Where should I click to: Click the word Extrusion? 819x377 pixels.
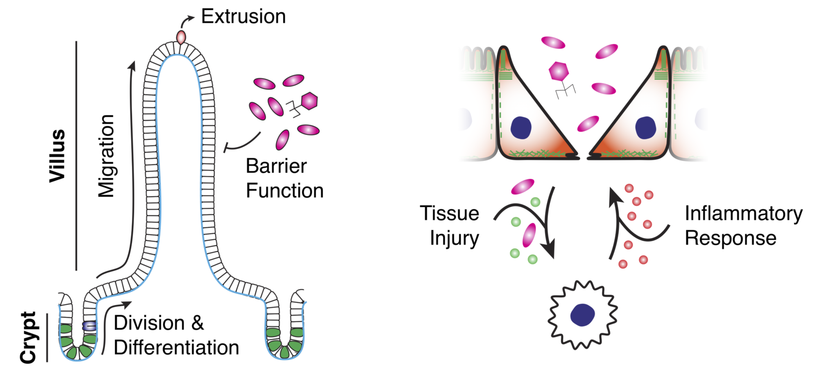(244, 17)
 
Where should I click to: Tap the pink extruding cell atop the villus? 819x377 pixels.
(181, 36)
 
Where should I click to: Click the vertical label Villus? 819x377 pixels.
(57, 156)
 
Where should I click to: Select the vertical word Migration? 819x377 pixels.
(106, 156)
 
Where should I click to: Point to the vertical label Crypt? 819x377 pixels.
(29, 338)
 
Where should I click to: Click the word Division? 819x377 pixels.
(149, 323)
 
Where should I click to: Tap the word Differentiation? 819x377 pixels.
(176, 347)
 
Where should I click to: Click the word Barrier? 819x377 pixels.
(276, 166)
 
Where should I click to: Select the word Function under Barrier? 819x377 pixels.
(285, 191)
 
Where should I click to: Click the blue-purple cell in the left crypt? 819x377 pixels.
(90, 326)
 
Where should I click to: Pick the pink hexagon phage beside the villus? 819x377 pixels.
(309, 101)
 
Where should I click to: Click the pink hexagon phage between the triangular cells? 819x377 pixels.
(559, 71)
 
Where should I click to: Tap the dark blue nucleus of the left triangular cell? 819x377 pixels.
(521, 127)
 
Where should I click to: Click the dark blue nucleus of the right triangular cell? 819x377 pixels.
(645, 127)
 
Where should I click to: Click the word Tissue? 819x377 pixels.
(450, 213)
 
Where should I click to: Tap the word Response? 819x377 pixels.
(731, 238)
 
